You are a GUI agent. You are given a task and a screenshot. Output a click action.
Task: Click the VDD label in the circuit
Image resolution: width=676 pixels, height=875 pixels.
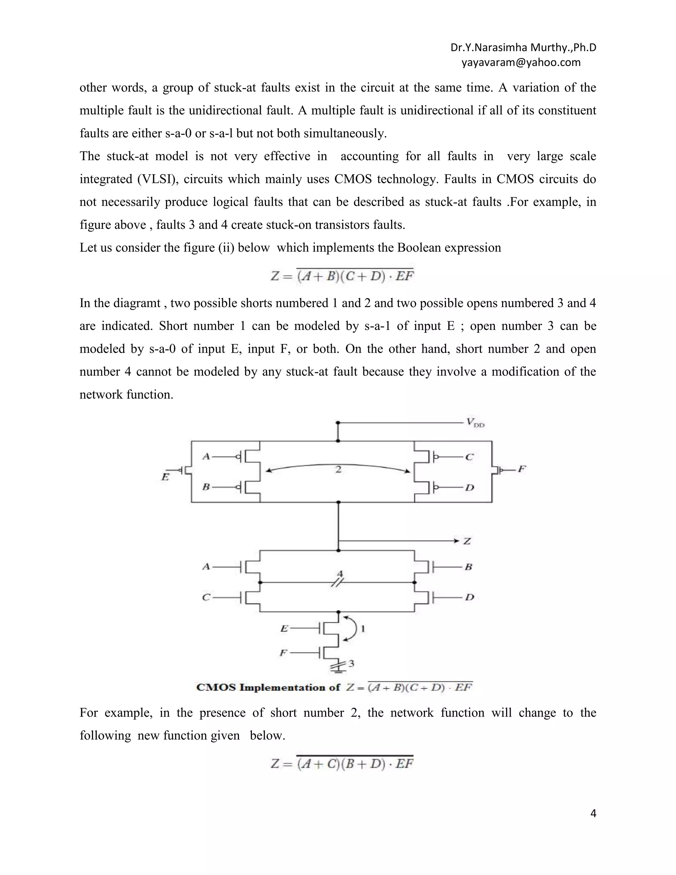(x=475, y=423)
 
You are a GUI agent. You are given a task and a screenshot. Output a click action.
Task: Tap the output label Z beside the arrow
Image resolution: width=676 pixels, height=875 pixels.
(x=467, y=541)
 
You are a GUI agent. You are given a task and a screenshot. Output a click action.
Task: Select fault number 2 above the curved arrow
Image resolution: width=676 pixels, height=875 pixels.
(x=338, y=469)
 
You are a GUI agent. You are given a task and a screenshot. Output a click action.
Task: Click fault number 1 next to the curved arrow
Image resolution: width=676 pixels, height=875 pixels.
(x=363, y=629)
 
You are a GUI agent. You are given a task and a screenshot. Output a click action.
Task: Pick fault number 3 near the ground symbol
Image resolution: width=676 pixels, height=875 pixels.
(x=351, y=663)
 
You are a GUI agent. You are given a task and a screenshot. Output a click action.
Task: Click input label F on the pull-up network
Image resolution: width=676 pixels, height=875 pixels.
(x=522, y=469)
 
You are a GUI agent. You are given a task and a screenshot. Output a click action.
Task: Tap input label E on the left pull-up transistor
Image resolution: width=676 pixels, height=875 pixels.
(x=165, y=477)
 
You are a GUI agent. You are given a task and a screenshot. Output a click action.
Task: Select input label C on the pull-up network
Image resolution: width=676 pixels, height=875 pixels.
(x=469, y=457)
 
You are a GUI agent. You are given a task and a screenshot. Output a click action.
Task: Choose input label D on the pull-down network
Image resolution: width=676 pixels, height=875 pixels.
(x=469, y=597)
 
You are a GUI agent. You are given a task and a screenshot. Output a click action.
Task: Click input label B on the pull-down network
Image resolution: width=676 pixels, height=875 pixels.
(x=469, y=567)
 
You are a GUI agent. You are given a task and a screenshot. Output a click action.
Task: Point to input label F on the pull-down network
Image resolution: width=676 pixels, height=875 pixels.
(x=283, y=653)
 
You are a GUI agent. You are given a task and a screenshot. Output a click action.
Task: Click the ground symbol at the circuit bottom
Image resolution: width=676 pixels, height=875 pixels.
(x=338, y=667)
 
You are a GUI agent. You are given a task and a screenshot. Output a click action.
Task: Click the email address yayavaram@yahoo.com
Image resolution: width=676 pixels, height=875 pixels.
(x=521, y=62)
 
